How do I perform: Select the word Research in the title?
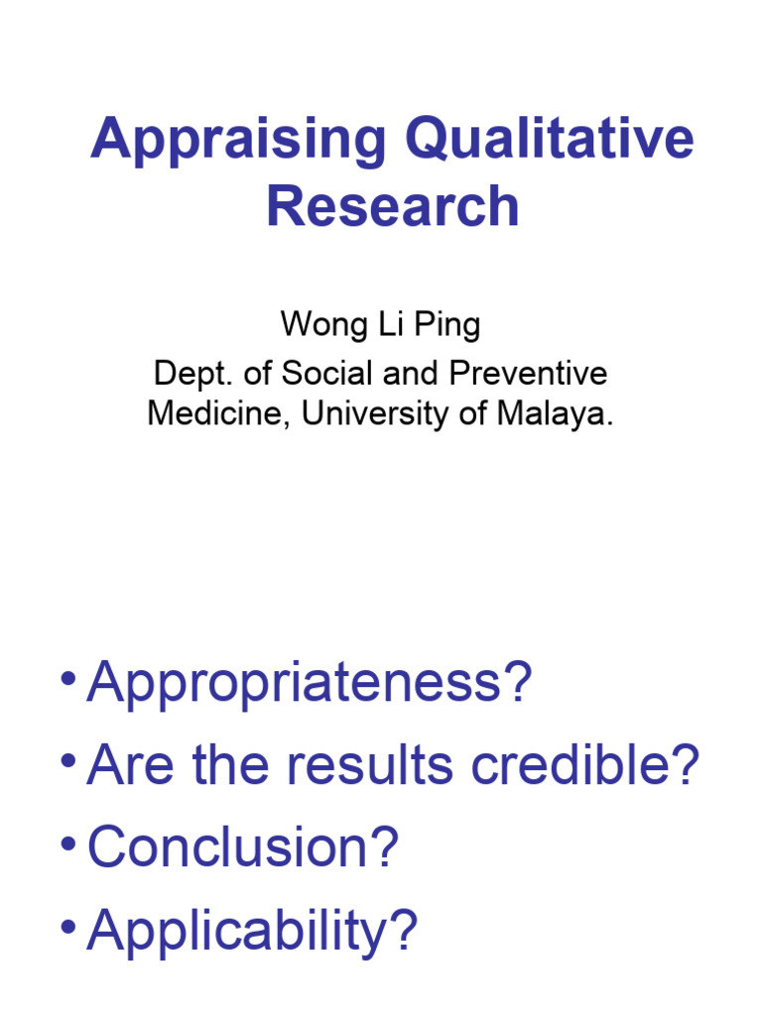pyautogui.click(x=393, y=207)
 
